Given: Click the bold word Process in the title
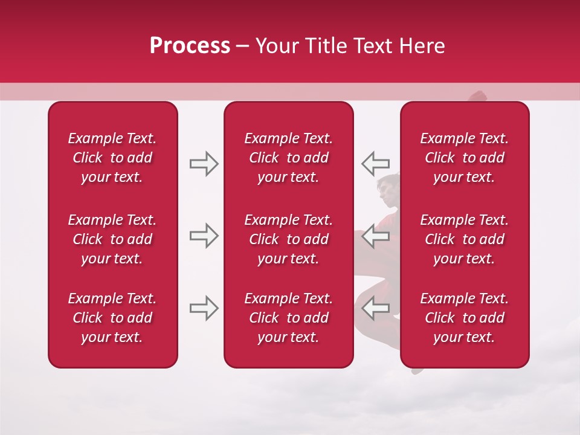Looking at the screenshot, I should (190, 46).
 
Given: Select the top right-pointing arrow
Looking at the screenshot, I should (204, 164).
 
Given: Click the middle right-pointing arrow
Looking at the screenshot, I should (204, 236).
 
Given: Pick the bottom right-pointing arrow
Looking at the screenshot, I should (204, 308).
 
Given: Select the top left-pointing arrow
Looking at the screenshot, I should (376, 164).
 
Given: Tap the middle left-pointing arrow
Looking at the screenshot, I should (376, 236).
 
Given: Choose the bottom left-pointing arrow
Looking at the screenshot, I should (376, 308).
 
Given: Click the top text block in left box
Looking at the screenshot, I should (112, 158).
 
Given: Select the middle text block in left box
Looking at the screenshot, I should (112, 239).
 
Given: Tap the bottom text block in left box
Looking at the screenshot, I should (112, 318).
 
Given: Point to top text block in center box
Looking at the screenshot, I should (289, 158).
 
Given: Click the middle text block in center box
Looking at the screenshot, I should (289, 239).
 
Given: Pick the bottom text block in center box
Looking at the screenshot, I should (289, 318).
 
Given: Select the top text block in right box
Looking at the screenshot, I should (465, 158).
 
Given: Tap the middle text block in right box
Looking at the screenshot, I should (465, 239).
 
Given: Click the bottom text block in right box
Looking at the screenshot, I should (465, 318).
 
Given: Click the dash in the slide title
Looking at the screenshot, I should (243, 47).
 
